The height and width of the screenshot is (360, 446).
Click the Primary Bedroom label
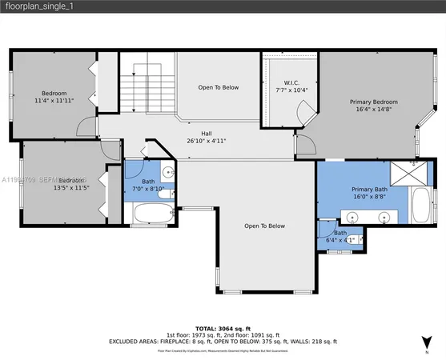coord(373,102)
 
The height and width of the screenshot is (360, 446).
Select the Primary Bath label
coord(369,189)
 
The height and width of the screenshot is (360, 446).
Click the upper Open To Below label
coord(218,87)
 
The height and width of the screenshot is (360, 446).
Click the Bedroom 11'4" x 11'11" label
coord(55,93)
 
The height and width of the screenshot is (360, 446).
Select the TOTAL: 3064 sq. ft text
coord(223,328)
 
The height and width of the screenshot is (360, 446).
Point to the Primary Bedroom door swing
coord(303,143)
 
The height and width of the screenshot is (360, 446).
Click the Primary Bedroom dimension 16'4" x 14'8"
coord(373,111)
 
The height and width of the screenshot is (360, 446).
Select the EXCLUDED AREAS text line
coord(223,341)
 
